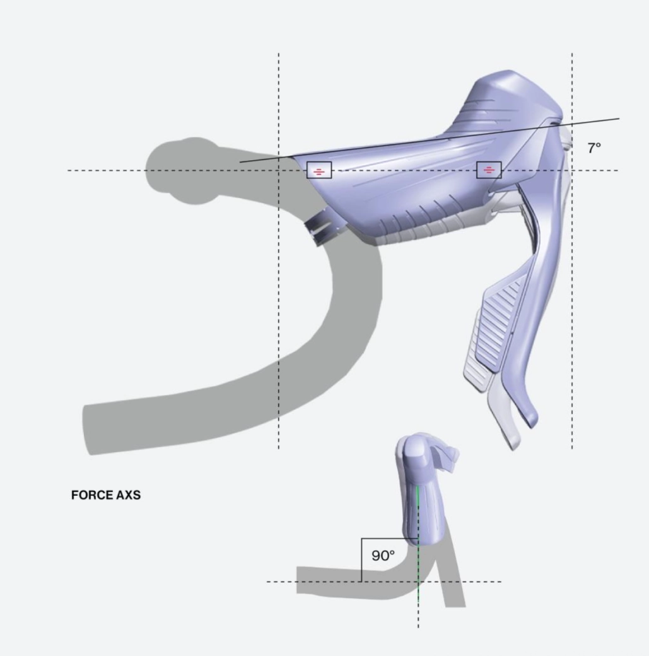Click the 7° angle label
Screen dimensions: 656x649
(x=593, y=148)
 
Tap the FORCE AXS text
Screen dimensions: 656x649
(x=106, y=495)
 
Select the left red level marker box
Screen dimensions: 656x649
(x=319, y=170)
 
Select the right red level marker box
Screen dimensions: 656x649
(x=489, y=170)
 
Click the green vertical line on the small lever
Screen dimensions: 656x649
(x=418, y=511)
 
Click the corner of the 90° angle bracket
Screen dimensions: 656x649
(x=362, y=539)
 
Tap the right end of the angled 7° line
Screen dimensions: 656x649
(x=619, y=118)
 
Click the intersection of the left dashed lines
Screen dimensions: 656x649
(x=279, y=170)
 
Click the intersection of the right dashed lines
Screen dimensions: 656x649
(x=572, y=170)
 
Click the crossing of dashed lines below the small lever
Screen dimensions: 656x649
(x=418, y=582)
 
